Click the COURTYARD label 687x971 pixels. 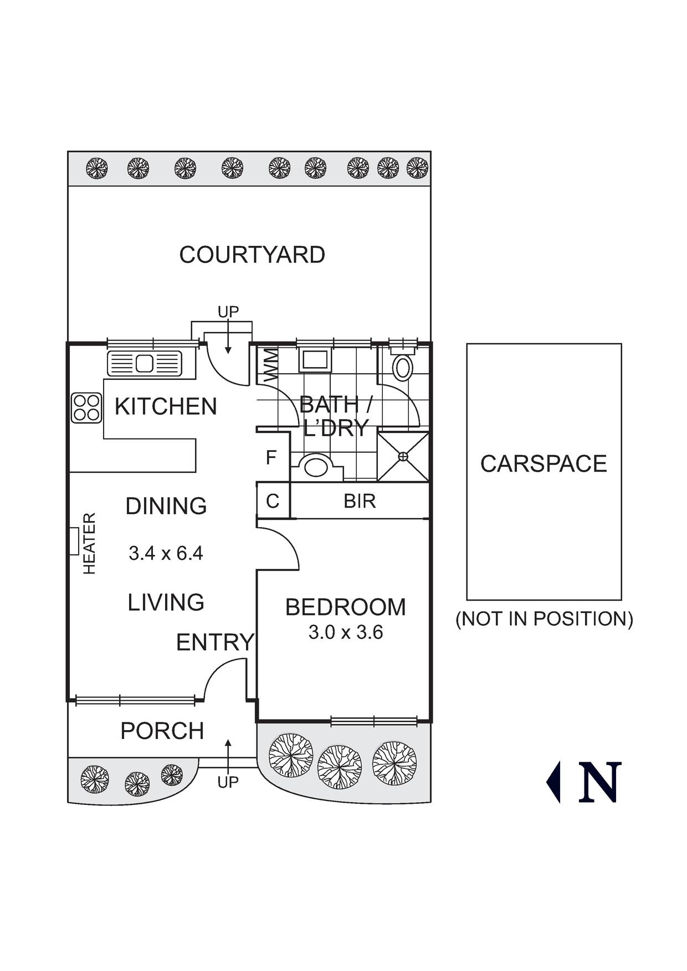pyautogui.click(x=252, y=255)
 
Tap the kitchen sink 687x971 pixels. pyautogui.click(x=145, y=364)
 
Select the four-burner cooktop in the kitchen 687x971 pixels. pyautogui.click(x=86, y=408)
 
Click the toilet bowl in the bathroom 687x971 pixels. pyautogui.click(x=403, y=367)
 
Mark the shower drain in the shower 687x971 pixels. pyautogui.click(x=403, y=457)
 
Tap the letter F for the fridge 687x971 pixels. pyautogui.click(x=271, y=458)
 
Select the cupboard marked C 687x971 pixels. pyautogui.click(x=273, y=501)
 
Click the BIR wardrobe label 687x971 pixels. pyautogui.click(x=360, y=501)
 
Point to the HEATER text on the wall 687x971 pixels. pyautogui.click(x=89, y=543)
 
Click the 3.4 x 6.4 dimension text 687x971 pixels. pyautogui.click(x=166, y=553)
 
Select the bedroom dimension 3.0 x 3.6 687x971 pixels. pyautogui.click(x=345, y=632)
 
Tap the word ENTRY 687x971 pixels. pyautogui.click(x=215, y=643)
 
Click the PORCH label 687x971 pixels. pyautogui.click(x=162, y=731)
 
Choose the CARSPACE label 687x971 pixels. pyautogui.click(x=544, y=464)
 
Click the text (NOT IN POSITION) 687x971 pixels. pyautogui.click(x=544, y=619)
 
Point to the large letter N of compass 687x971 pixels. pyautogui.click(x=600, y=782)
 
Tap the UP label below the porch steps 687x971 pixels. pyautogui.click(x=228, y=782)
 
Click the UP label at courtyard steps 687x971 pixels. pyautogui.click(x=228, y=312)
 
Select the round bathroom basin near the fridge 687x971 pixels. pyautogui.click(x=316, y=466)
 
